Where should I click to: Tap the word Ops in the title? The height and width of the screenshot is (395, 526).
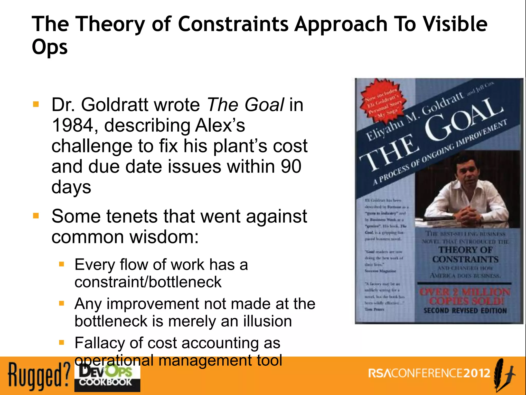(50, 47)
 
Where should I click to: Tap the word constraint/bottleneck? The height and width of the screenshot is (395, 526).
(148, 282)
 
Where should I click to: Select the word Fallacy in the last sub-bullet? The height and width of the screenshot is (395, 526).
(100, 343)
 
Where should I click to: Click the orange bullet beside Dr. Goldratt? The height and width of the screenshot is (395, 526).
(36, 104)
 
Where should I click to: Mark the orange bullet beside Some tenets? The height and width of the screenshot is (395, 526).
(36, 216)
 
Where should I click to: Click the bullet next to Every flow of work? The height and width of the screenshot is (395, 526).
(61, 264)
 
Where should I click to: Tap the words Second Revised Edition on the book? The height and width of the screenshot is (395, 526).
(465, 311)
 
